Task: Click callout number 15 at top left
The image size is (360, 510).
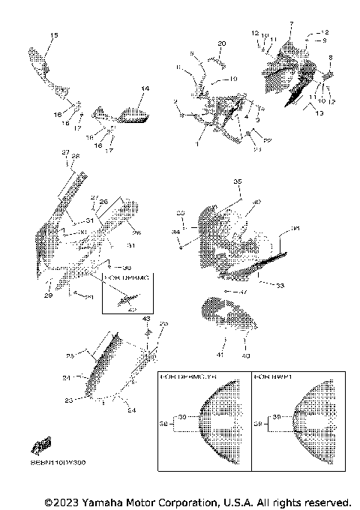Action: [x=53, y=36]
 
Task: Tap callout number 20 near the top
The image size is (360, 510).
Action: [x=221, y=44]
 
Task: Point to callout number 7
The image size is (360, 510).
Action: [x=291, y=25]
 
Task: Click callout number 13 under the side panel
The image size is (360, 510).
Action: [x=319, y=112]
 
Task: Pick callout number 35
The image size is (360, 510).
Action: [x=237, y=182]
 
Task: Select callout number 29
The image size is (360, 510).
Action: [x=49, y=296]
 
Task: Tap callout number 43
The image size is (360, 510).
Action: [x=147, y=318]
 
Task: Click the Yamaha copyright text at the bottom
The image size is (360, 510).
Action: [x=198, y=501]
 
